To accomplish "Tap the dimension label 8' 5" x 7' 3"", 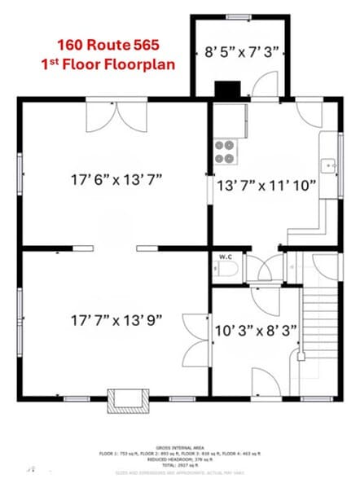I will tap(241, 51).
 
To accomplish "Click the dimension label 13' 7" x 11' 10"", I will tap(266, 184).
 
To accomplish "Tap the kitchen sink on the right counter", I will tap(330, 165).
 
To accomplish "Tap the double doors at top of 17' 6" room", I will tap(111, 117).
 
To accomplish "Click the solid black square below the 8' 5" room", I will tap(225, 90).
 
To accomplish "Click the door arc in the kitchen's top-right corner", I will tap(311, 114).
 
